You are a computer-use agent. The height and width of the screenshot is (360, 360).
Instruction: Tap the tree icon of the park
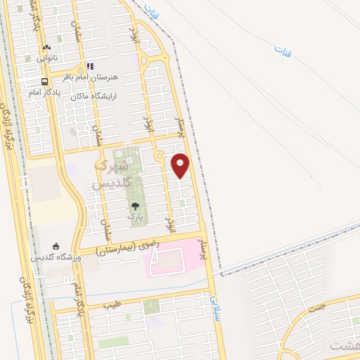click(134, 206)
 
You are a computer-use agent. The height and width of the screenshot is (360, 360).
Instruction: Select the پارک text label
click(134, 217)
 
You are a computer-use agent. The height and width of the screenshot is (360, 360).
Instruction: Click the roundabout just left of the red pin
click(160, 155)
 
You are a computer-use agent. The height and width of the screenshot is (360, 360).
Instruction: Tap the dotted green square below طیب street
click(151, 307)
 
